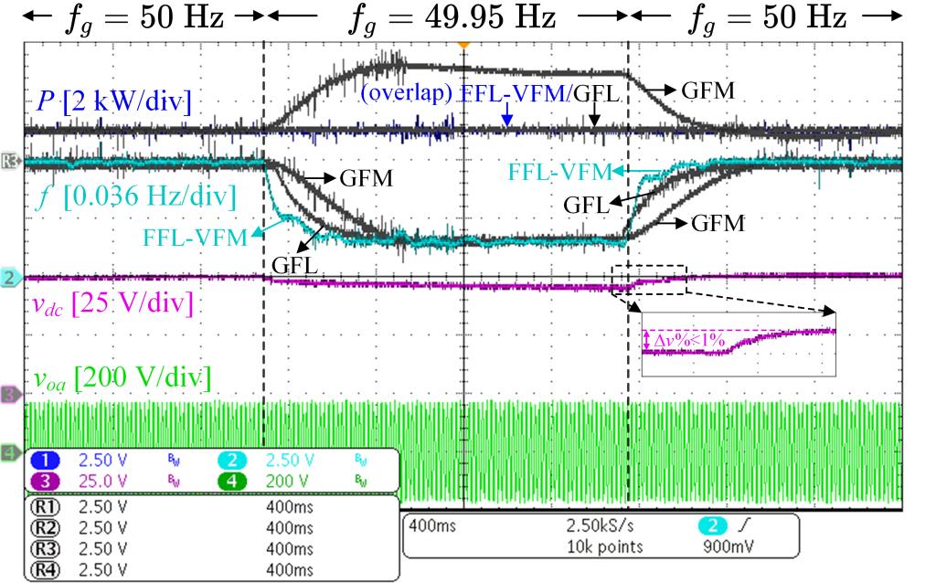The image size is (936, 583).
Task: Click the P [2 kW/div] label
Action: tap(114, 101)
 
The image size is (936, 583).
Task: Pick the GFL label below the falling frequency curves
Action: tap(294, 266)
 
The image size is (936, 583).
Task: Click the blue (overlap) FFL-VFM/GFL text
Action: tap(492, 93)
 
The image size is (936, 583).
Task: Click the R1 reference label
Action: tap(49, 504)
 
